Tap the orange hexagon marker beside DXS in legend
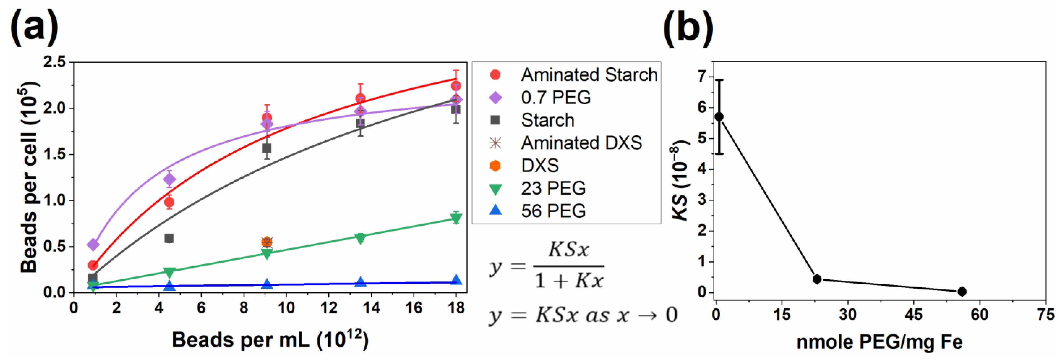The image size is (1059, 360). tap(495, 166)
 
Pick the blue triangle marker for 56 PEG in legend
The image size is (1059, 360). tap(495, 210)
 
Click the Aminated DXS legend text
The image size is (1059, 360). tap(581, 143)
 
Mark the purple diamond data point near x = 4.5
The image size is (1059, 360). tap(169, 179)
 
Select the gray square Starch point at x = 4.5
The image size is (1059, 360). tap(169, 238)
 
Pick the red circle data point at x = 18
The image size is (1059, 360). tap(456, 86)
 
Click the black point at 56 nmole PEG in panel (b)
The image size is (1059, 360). tap(962, 291)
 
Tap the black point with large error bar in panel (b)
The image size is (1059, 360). tap(719, 117)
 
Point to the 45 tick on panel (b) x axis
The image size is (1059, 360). tap(914, 315)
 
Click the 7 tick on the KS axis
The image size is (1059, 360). tap(702, 76)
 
